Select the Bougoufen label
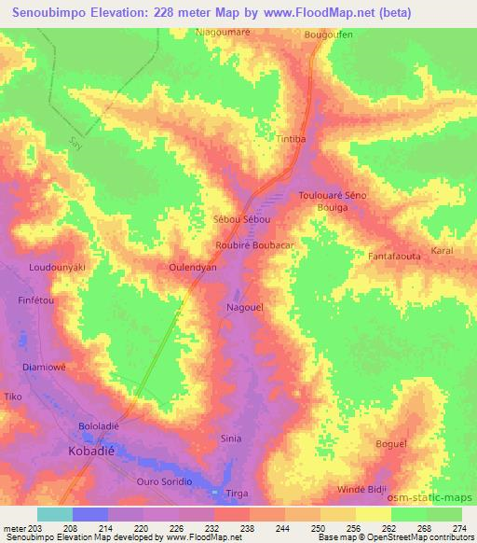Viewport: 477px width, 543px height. click(x=328, y=35)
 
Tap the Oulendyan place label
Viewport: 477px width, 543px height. click(x=193, y=267)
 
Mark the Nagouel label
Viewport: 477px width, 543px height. click(x=245, y=306)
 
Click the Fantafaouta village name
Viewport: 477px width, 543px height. click(x=396, y=255)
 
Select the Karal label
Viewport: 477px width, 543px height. click(x=441, y=253)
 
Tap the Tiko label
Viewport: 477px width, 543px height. click(x=13, y=397)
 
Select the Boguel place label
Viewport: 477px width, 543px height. click(x=390, y=444)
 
